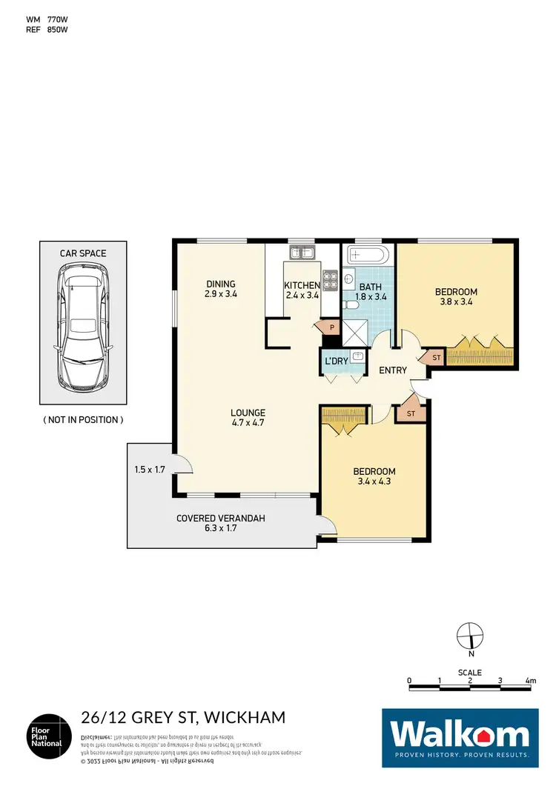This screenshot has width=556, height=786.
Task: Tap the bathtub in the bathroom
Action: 368,256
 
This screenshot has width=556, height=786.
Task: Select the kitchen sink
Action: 302,253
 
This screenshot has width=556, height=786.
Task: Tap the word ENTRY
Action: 392,370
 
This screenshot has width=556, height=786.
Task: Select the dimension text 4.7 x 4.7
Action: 248,424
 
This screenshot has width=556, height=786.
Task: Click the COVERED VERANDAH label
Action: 219,519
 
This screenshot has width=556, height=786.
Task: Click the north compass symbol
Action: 469,636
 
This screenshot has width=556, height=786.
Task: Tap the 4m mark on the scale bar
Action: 531,679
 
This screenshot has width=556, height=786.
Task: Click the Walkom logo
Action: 460,736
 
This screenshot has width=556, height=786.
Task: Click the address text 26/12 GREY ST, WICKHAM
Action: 182,717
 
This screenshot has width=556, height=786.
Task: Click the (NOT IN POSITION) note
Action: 83,420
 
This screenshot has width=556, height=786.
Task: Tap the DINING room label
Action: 221,284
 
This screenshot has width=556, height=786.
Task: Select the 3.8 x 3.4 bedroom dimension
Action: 456,302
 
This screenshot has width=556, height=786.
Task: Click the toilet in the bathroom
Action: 351,304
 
